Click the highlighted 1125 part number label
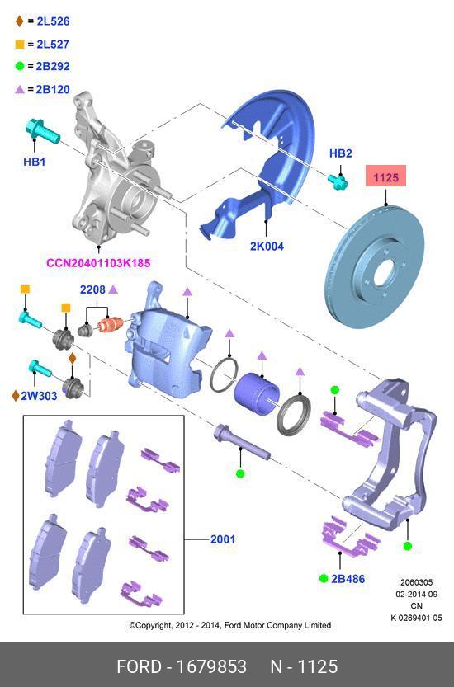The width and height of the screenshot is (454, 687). [x=386, y=177]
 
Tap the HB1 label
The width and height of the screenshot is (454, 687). [x=34, y=162]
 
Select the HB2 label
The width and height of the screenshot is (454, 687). [x=341, y=153]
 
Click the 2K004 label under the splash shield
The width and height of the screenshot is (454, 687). [x=267, y=246]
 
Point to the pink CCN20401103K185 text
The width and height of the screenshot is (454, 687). [x=98, y=263]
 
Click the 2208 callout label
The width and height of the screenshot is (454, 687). [x=92, y=290]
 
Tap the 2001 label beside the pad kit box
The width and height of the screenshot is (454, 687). [x=222, y=540]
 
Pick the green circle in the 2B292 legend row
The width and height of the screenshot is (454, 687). [x=19, y=66]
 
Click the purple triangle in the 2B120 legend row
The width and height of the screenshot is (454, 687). [x=19, y=89]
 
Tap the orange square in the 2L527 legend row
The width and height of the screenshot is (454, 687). [x=19, y=43]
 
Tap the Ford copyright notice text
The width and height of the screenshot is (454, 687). [x=229, y=625]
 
